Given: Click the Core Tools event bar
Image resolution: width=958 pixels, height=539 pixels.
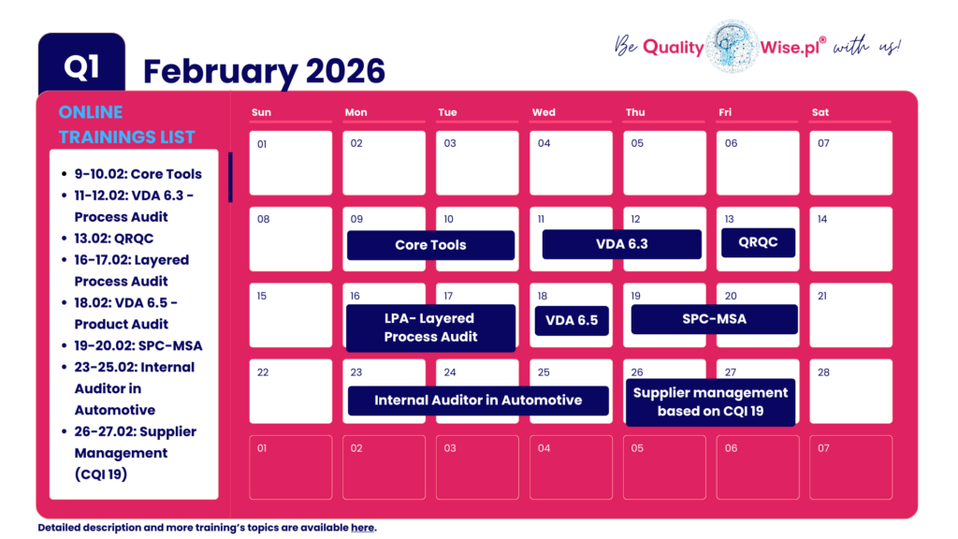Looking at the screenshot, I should point(430,245).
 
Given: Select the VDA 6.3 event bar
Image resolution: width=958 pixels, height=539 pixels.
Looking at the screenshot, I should point(621,244).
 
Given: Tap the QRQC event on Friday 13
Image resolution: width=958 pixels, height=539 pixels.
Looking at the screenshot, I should point(758,242).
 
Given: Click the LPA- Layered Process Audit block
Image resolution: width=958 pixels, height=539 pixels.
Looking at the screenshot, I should point(430,328).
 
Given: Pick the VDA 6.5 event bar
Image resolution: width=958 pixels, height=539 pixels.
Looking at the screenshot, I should point(572,320).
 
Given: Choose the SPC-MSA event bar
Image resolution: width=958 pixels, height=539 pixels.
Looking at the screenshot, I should point(714,319).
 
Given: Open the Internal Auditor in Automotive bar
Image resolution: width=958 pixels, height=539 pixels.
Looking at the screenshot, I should point(478,401).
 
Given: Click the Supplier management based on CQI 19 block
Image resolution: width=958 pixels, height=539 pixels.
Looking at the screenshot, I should point(710,401).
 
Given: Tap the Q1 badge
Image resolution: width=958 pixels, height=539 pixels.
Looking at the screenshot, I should point(81,66).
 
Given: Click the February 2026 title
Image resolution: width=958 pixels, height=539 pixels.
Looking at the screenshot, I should point(264,71).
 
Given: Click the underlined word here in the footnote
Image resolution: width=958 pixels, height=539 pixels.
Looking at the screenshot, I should point(362,528).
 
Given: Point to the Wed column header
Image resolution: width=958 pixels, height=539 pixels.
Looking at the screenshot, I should point(544,112).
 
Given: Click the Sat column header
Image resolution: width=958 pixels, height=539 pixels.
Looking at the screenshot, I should point(820,112).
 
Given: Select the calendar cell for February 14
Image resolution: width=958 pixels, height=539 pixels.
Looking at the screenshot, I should point(850,239).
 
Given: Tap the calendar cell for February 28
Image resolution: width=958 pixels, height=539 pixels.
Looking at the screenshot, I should point(850,390).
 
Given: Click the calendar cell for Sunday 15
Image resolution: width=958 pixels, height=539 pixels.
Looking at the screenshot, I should point(290,314).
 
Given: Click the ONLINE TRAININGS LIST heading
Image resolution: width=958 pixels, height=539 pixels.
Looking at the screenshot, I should point(126,124).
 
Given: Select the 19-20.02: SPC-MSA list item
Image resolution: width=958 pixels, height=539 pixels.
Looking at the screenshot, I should point(138,345).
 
